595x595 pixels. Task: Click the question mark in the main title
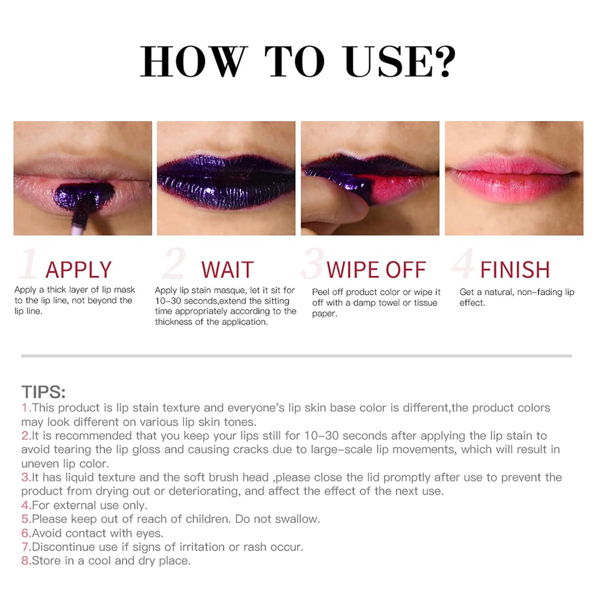point(444,61)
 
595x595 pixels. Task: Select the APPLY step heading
point(79,270)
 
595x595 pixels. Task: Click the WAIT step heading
point(227,270)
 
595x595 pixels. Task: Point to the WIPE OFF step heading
point(376,270)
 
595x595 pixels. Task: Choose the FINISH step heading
point(515,270)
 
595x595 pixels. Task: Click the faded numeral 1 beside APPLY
point(29,264)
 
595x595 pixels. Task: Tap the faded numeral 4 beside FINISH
point(463,264)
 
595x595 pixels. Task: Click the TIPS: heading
point(43,392)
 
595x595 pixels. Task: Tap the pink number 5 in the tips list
point(26,519)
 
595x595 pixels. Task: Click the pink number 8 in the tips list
point(26,561)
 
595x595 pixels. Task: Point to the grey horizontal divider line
point(297,356)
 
